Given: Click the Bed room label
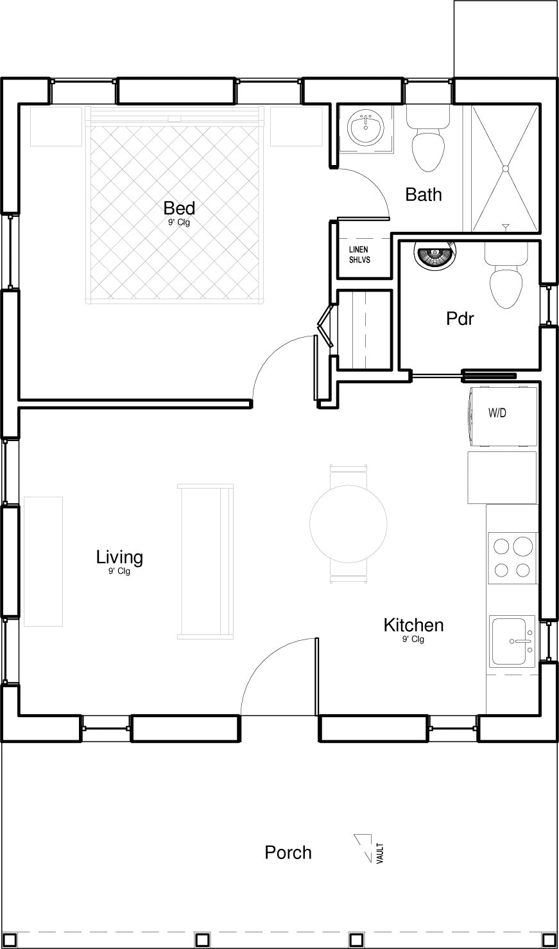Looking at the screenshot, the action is pyautogui.click(x=179, y=208).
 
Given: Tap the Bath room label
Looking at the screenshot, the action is pyautogui.click(x=424, y=195).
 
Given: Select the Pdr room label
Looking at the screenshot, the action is pyautogui.click(x=460, y=318).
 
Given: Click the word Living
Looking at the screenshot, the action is pyautogui.click(x=119, y=557).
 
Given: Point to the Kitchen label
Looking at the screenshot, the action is pyautogui.click(x=413, y=625).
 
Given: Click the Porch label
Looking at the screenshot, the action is pyautogui.click(x=288, y=853).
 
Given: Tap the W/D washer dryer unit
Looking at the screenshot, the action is pyautogui.click(x=503, y=415).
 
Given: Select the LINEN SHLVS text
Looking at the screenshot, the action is pyautogui.click(x=359, y=255).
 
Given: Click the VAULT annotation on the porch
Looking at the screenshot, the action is pyautogui.click(x=380, y=853).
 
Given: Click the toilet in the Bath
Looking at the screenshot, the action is pyautogui.click(x=427, y=137).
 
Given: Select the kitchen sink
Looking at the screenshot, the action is pyautogui.click(x=513, y=641).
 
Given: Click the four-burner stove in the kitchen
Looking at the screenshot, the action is pyautogui.click(x=512, y=558).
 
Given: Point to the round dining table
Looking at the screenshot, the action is pyautogui.click(x=348, y=524).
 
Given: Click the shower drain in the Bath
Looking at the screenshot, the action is pyautogui.click(x=505, y=169).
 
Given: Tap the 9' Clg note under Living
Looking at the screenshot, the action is pyautogui.click(x=119, y=571).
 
